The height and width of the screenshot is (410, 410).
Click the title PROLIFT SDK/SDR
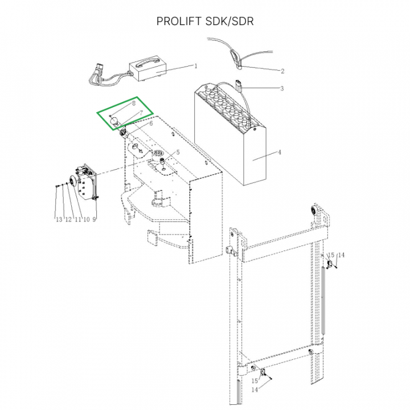point(205,21)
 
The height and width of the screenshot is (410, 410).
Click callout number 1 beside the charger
point(196,66)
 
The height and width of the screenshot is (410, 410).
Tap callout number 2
point(282,71)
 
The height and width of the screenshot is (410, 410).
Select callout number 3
point(282,88)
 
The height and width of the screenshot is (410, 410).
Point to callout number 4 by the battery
point(280,152)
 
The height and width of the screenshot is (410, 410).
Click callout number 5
point(178,152)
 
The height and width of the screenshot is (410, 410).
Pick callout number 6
point(151,124)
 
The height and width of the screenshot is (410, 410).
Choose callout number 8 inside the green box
point(134,103)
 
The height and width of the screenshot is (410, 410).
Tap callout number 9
point(94,219)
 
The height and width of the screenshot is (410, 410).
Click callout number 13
point(59,219)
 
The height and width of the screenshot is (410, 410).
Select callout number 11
point(78,219)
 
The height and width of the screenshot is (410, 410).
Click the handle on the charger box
point(147,62)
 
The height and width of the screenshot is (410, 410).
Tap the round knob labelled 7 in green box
point(114,121)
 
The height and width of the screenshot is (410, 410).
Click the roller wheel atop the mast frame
point(313,211)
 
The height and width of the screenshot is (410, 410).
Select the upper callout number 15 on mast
point(331,255)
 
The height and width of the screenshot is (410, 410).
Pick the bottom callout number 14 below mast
point(255,389)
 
